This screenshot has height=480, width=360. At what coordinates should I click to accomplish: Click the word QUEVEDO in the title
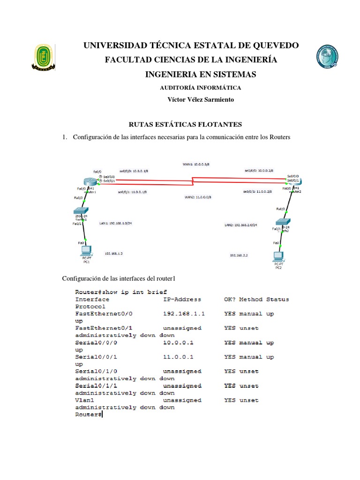(x=276, y=45)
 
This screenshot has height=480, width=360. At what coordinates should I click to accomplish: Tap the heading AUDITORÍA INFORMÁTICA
(x=201, y=88)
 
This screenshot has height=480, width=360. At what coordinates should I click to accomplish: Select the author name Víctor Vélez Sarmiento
(x=201, y=99)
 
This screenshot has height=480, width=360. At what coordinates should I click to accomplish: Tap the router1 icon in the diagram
(x=90, y=182)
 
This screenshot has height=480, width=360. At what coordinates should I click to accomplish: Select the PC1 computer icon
(x=86, y=250)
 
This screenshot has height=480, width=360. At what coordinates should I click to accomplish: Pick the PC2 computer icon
(x=278, y=257)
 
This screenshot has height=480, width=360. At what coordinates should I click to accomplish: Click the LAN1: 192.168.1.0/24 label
(x=116, y=223)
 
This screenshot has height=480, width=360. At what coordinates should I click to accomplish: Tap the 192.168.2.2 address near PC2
(x=239, y=255)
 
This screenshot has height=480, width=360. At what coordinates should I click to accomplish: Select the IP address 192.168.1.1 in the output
(x=180, y=314)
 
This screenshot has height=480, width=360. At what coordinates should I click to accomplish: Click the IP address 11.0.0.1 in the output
(x=178, y=357)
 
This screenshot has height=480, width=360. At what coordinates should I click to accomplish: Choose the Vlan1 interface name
(x=85, y=400)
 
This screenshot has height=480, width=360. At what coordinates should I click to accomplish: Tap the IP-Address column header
(x=182, y=299)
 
